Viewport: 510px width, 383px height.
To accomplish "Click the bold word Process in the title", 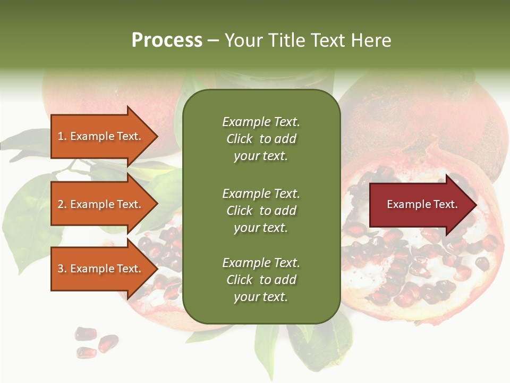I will (167, 40).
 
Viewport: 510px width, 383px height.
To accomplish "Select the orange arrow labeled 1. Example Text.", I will (101, 137).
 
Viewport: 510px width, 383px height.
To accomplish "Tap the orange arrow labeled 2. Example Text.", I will (101, 205).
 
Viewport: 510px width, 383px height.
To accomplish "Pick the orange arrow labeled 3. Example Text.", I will (101, 269).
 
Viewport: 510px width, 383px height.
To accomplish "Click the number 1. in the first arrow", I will (62, 137).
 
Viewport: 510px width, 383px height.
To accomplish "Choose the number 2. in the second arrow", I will (62, 205).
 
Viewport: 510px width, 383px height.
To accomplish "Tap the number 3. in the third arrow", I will (62, 269).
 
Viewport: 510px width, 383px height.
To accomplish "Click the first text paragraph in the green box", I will (261, 139).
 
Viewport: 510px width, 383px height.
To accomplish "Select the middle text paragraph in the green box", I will (261, 211).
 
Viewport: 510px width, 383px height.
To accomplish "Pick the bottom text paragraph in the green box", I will (261, 280).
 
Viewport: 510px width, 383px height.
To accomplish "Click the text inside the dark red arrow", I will (422, 205).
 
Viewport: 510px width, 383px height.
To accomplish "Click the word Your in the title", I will (243, 40).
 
